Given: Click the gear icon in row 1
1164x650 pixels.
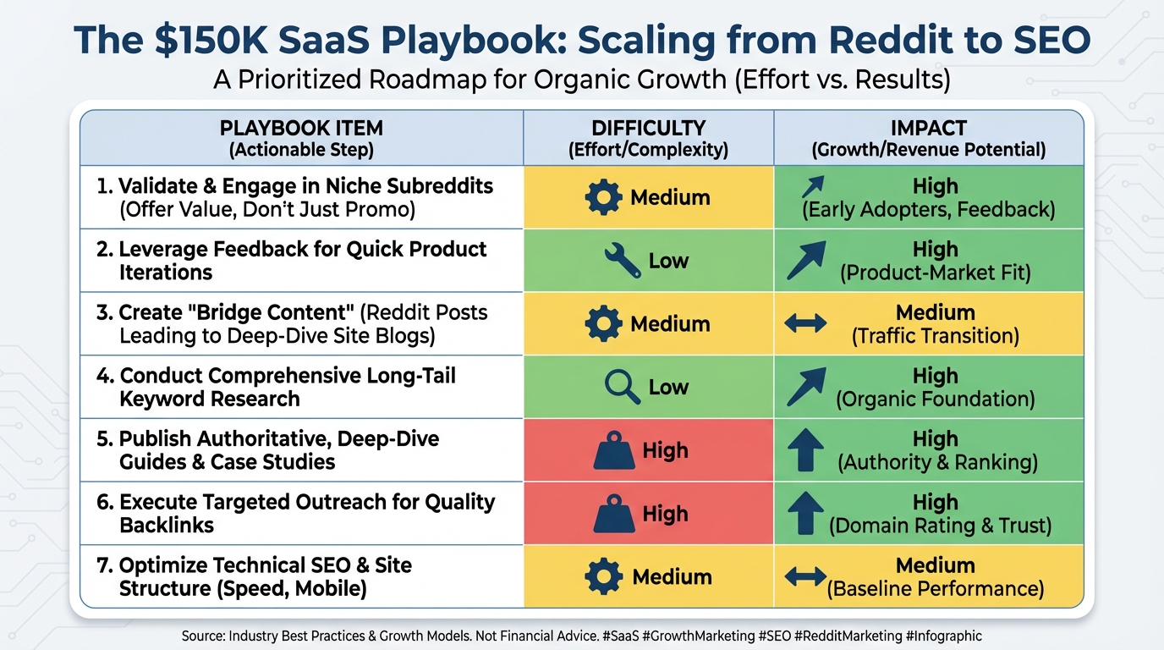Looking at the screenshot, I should (x=603, y=197).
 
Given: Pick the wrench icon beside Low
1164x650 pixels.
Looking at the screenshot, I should (x=622, y=261).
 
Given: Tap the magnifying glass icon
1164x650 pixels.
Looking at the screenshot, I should (x=623, y=387).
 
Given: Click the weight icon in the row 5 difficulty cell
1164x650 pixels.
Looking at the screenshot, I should (x=615, y=451).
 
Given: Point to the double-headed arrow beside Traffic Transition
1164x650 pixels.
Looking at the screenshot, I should (x=805, y=323).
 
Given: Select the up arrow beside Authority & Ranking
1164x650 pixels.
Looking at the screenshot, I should (x=804, y=449).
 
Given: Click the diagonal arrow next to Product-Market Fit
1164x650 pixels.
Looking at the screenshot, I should (x=805, y=260).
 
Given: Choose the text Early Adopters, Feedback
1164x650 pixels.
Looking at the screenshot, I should (x=928, y=209).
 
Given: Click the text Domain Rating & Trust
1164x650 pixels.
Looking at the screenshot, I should (x=940, y=526).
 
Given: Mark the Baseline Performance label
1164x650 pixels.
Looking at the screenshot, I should (x=935, y=588).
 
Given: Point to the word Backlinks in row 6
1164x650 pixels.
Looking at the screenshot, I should (x=167, y=525).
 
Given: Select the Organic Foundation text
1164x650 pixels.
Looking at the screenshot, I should (x=935, y=399).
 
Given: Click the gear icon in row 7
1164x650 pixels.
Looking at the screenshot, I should (x=603, y=576).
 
